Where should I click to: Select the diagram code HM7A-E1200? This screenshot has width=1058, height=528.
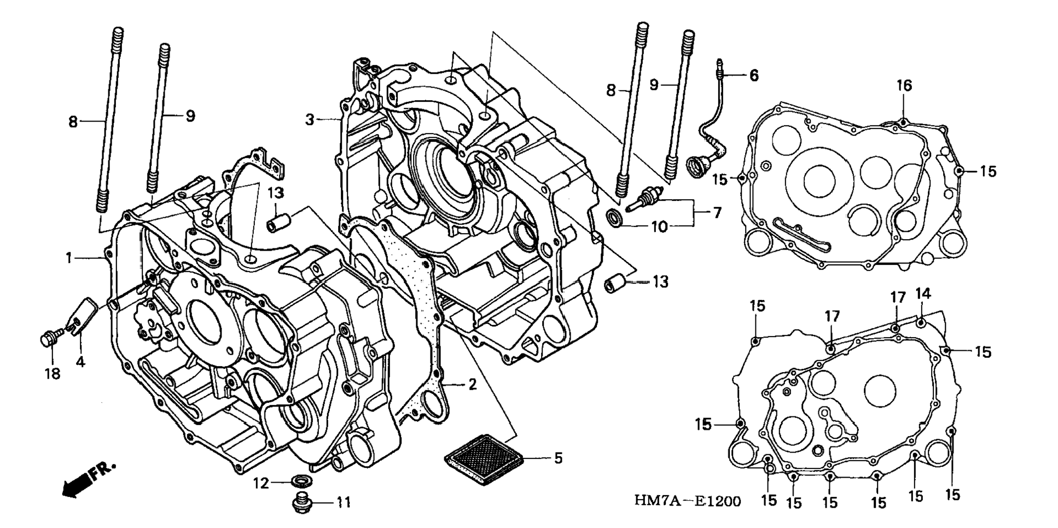[x=688, y=501]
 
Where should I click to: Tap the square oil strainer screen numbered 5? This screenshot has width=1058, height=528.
[x=484, y=459]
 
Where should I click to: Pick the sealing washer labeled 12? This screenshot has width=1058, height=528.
[x=299, y=481]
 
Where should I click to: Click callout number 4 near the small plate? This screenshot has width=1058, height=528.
[x=81, y=362]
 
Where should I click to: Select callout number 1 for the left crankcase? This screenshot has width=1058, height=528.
[x=69, y=257]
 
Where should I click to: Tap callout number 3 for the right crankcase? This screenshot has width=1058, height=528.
[x=310, y=119]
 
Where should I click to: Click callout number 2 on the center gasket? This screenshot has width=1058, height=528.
[x=472, y=385]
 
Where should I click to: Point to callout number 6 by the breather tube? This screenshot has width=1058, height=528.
[x=754, y=75]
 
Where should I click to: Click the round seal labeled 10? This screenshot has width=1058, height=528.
[x=615, y=217]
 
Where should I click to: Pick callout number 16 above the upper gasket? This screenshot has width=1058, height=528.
[x=904, y=85]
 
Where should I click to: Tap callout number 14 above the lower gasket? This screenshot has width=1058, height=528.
[x=923, y=294]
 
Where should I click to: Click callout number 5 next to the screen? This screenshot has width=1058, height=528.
[x=558, y=457]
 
